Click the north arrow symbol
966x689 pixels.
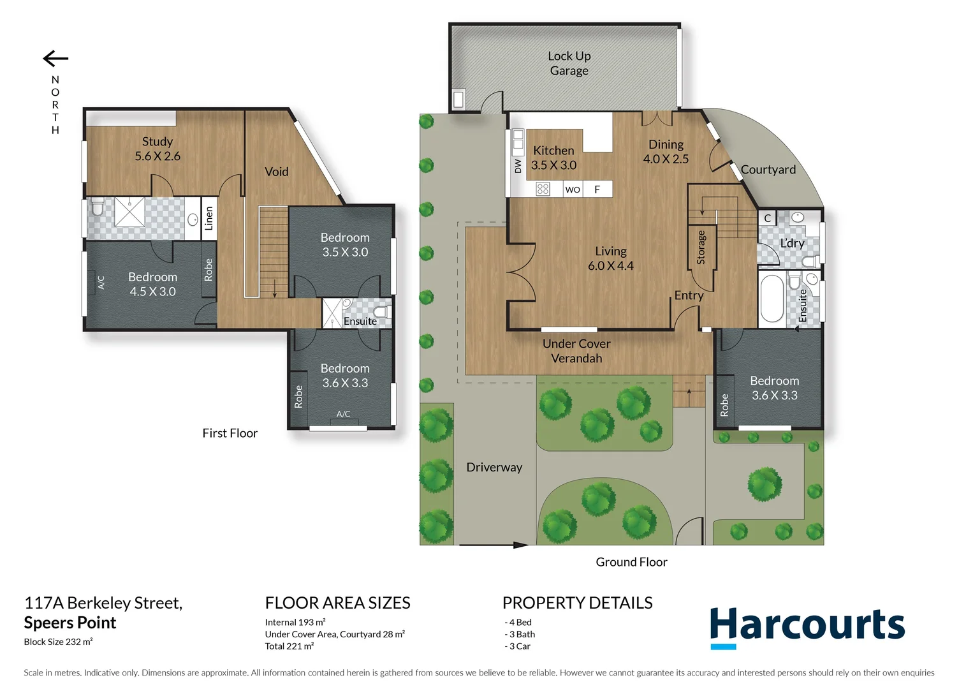(x=55, y=59)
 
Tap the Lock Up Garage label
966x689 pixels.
(x=569, y=63)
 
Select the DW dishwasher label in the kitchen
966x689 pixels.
(x=518, y=167)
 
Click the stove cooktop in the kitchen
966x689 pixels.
(x=543, y=189)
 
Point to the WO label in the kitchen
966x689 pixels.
(x=573, y=189)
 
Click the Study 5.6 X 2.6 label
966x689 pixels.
(x=157, y=149)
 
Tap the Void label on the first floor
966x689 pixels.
(x=276, y=172)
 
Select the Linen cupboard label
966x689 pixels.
(x=209, y=218)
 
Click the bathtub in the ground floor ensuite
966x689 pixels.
(x=772, y=299)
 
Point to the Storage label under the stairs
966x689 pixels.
(x=701, y=248)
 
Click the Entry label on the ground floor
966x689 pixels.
(x=689, y=295)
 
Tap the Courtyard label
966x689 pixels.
(x=768, y=170)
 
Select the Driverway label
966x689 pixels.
(x=494, y=468)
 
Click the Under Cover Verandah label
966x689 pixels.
(x=576, y=351)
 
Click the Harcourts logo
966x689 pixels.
(x=807, y=626)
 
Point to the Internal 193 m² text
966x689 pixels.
(x=295, y=622)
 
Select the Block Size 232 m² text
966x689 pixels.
(x=58, y=642)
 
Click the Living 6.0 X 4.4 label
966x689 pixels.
(x=610, y=258)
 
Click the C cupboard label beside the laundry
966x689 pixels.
(x=767, y=218)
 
